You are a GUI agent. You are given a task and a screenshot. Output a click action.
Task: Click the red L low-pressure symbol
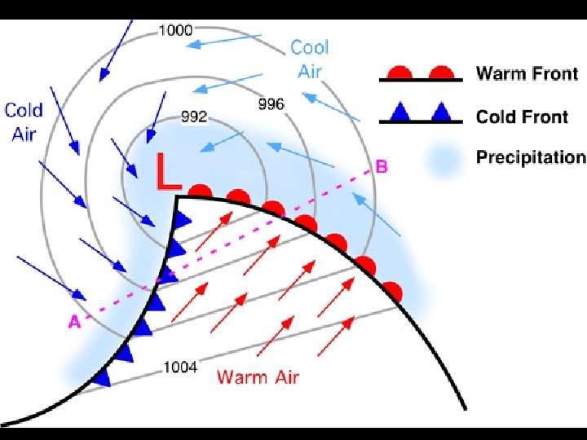[x=168, y=174]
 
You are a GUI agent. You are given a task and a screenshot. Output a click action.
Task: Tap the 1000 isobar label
[x=175, y=31]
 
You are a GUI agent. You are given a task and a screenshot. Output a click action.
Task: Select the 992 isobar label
[x=193, y=117]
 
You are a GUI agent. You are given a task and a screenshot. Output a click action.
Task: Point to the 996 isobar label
[x=271, y=104]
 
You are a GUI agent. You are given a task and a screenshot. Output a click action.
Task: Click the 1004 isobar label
[x=180, y=367]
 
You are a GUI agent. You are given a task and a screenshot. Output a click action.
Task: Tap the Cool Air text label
[x=310, y=59]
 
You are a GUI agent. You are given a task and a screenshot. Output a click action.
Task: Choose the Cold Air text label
[x=24, y=121]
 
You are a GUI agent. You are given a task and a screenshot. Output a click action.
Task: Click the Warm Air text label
[x=258, y=376]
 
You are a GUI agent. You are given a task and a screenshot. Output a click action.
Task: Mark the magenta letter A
[x=74, y=323]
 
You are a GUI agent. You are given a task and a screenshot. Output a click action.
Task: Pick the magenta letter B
[x=381, y=168]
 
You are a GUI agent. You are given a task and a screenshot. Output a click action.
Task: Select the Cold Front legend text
[x=522, y=117]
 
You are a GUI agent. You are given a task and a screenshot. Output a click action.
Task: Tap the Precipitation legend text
[x=530, y=157]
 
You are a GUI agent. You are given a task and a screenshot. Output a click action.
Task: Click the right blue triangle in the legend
[x=441, y=112]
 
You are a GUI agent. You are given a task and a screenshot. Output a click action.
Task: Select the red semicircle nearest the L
[x=201, y=192]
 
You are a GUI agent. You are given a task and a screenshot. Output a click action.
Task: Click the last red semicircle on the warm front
[x=392, y=291]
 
